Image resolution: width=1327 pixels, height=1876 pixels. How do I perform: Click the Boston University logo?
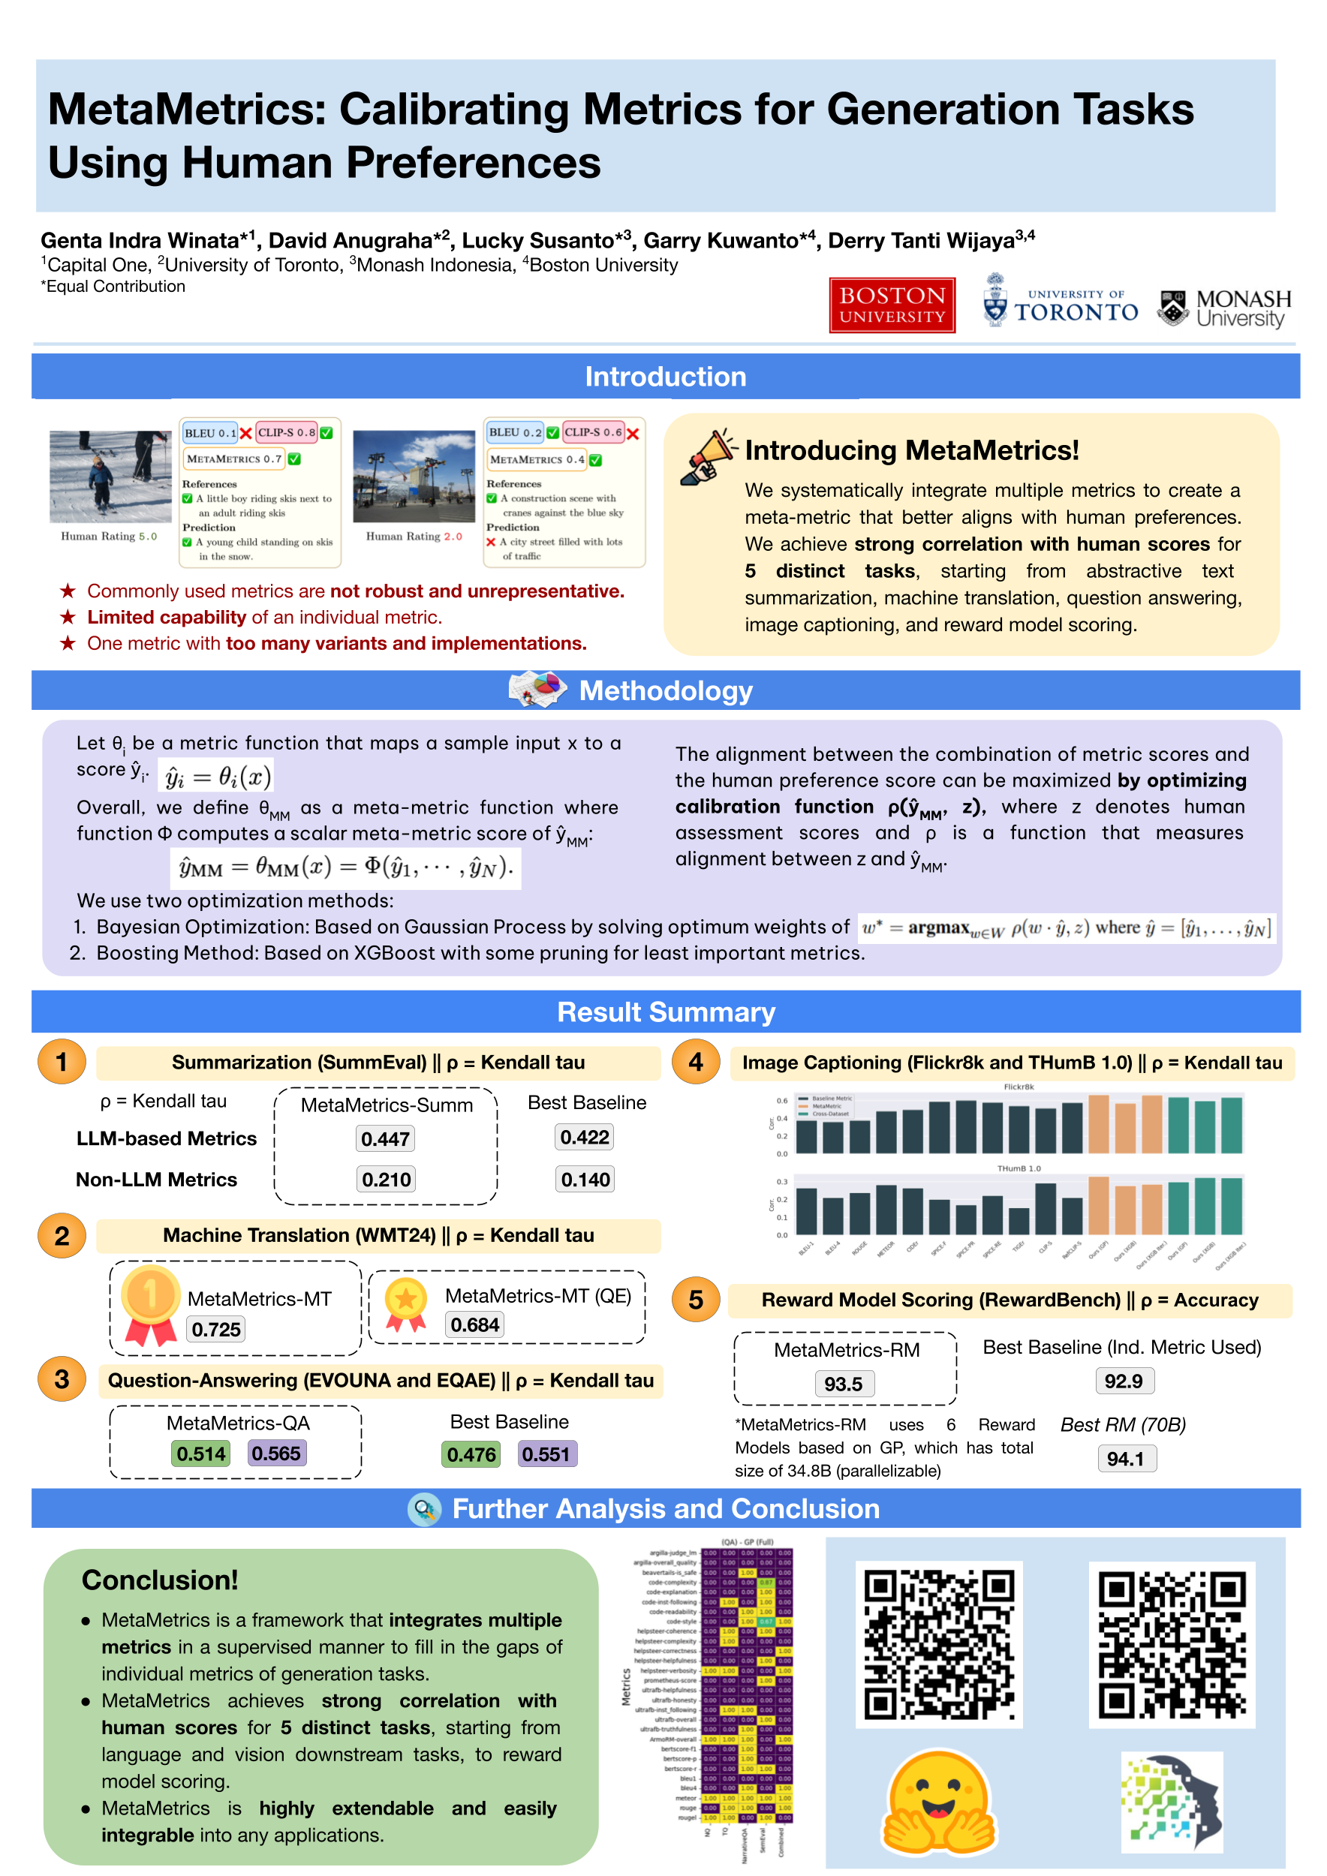point(892,305)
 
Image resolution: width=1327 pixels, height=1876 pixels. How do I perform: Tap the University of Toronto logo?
point(1060,302)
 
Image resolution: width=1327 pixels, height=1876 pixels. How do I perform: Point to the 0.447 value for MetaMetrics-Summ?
point(385,1139)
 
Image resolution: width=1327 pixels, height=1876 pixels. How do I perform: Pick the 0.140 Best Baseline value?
point(585,1180)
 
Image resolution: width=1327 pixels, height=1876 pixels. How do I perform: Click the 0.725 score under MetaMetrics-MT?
point(215,1330)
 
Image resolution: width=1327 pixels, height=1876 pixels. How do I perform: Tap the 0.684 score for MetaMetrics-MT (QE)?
point(475,1324)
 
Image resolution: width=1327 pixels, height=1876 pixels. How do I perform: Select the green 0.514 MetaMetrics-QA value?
point(201,1454)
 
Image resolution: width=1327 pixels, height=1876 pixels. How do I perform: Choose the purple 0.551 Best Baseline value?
point(546,1454)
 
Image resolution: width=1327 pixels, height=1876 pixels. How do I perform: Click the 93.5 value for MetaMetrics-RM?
point(844,1384)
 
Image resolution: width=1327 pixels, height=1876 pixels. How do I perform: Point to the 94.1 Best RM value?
point(1125,1459)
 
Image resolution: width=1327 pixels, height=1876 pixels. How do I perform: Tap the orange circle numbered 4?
point(695,1063)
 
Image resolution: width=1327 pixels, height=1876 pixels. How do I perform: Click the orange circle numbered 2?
point(62,1235)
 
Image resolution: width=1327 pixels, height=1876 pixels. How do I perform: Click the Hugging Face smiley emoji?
point(938,1804)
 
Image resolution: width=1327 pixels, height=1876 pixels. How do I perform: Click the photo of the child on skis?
point(110,477)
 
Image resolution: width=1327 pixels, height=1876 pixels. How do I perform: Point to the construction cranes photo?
point(414,477)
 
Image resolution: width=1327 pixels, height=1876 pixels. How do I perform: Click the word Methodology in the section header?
point(665,691)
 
